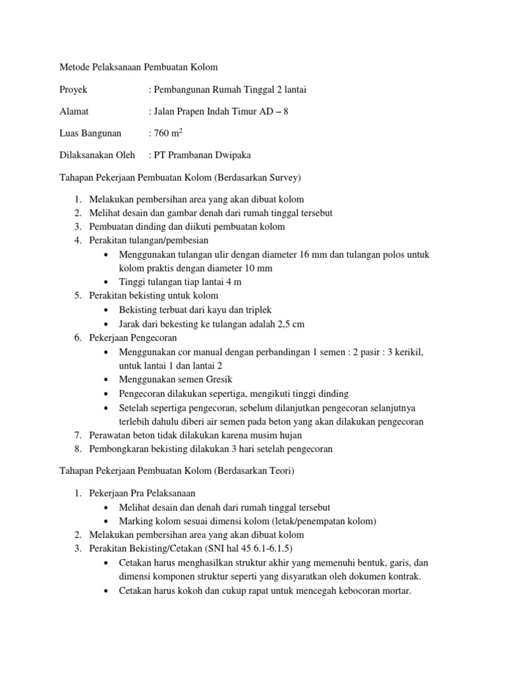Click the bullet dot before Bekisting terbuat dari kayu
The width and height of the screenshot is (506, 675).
pos(106,310)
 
